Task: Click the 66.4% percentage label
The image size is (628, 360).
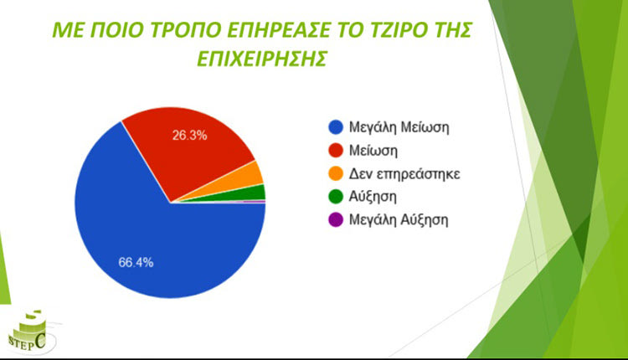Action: pos(136,262)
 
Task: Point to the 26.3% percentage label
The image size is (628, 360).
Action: pos(189,136)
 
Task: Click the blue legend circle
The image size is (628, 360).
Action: pos(336,127)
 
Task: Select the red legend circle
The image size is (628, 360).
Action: pos(336,151)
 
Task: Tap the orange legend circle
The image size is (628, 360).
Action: pos(336,174)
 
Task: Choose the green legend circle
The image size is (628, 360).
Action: pos(336,197)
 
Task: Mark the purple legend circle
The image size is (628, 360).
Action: pos(336,220)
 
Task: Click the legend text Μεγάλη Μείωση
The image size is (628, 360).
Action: pos(399,128)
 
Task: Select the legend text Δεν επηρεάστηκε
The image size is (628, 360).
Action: pos(404,174)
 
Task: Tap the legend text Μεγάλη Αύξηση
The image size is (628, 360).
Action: pos(399,220)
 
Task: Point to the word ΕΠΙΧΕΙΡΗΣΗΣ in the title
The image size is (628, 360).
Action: pos(262,59)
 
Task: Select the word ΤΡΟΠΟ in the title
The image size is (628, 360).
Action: pos(185,30)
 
